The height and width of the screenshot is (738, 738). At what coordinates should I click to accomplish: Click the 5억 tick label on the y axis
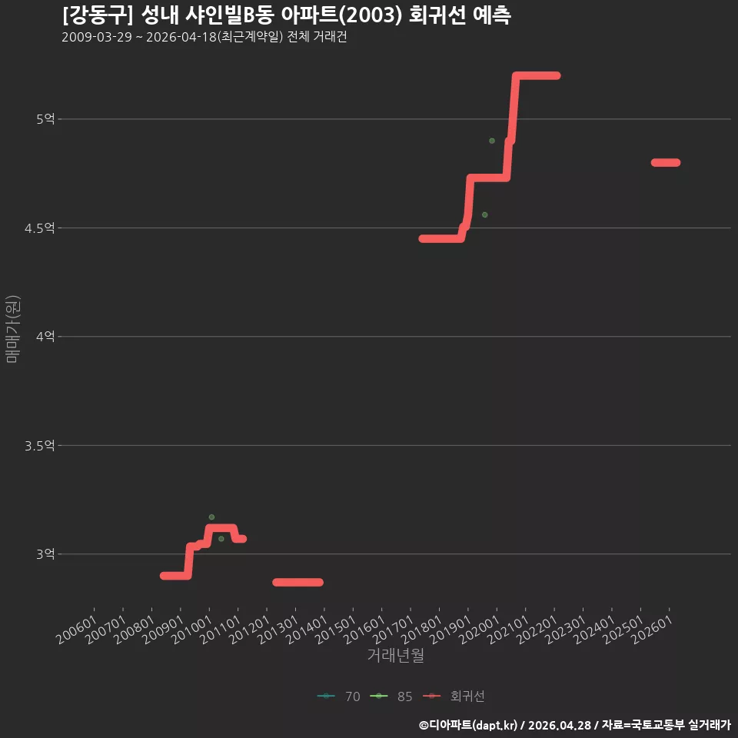[45, 119]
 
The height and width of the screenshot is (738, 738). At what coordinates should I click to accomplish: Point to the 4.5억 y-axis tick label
[39, 228]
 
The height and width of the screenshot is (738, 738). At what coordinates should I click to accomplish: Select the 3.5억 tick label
[39, 446]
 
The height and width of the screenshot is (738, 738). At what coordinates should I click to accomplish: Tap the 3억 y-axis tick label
[45, 554]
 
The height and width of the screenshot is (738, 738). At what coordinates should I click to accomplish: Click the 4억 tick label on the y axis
[45, 337]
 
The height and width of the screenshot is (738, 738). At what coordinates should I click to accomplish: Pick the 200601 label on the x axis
[77, 630]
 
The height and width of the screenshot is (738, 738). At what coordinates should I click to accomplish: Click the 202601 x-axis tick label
[652, 630]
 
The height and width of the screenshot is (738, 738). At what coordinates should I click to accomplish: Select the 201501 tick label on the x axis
[336, 630]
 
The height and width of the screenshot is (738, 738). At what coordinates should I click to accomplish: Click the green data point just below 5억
[492, 141]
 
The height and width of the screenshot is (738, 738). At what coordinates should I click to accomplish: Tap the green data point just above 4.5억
[485, 214]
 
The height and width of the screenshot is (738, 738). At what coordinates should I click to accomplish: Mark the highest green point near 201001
[212, 517]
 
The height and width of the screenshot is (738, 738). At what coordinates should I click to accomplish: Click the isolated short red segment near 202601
[666, 162]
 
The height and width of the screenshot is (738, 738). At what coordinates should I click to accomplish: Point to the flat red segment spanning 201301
[298, 582]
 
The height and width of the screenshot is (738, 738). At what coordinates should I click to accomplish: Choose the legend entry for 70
[339, 696]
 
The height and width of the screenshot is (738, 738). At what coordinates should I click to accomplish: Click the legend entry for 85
[391, 696]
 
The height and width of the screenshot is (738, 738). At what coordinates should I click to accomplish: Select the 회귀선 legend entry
[454, 696]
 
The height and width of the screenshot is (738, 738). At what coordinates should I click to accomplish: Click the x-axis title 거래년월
[395, 655]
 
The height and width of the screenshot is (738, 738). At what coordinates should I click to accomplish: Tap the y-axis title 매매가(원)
[12, 329]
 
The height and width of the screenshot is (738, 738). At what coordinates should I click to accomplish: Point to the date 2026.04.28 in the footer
[559, 725]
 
